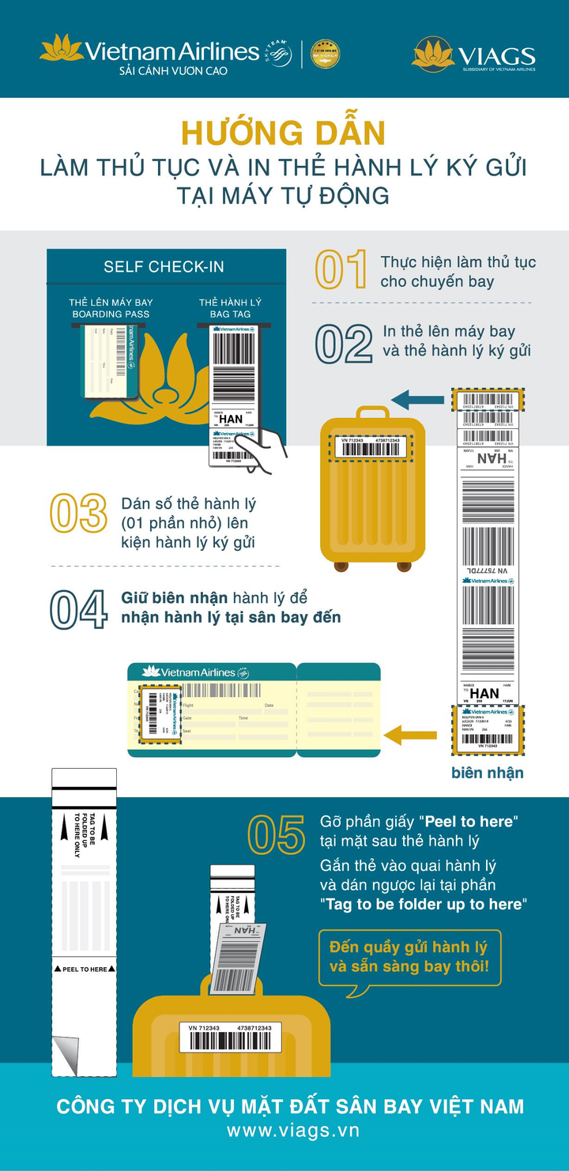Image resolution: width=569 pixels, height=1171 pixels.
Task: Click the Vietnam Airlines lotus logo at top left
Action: tap(62, 48)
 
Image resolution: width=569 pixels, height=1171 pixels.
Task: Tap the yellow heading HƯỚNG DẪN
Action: tap(283, 132)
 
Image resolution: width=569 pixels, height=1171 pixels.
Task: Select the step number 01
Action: tap(341, 270)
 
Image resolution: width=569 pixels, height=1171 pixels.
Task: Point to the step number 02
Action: tap(344, 344)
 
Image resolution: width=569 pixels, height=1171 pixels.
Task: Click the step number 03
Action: tap(78, 514)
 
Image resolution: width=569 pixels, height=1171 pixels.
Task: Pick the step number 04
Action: tap(78, 609)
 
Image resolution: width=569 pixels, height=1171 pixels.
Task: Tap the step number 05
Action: tap(276, 834)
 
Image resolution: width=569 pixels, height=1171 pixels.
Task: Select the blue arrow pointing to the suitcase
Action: tap(419, 399)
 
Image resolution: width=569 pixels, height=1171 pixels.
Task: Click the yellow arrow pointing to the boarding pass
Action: tap(415, 736)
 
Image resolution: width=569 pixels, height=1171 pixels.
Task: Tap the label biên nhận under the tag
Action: tap(487, 773)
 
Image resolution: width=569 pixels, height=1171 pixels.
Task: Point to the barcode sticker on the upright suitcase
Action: tap(371, 447)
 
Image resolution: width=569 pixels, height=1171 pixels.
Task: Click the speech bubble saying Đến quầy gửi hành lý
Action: tap(409, 957)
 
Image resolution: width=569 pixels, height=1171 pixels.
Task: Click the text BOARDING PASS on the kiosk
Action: tap(111, 314)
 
